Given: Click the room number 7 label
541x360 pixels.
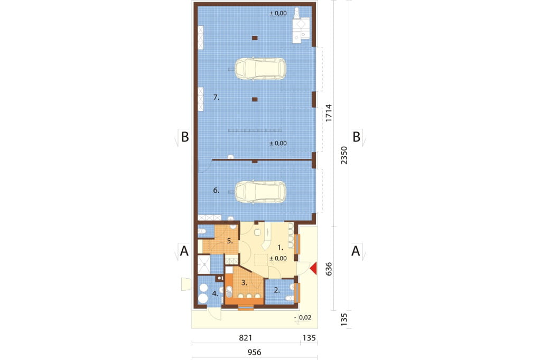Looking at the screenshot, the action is coord(216,98).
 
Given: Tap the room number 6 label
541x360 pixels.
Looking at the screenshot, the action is coord(216,191).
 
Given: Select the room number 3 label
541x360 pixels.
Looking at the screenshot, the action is coord(244,283).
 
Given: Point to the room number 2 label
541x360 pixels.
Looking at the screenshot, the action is coord(277,290).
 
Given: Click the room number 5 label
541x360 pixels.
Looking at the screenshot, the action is coord(230,241).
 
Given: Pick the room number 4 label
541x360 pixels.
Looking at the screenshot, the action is coord(216,294).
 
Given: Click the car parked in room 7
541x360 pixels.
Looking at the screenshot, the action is coord(260,69).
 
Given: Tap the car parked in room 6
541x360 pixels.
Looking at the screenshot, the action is coord(260,192).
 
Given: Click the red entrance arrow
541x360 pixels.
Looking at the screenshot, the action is coord(313,269).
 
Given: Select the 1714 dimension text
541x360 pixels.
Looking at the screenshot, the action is coord(329,113).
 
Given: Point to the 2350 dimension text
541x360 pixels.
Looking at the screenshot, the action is coord(343,155).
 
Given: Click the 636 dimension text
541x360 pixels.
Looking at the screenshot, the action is coord(329,269).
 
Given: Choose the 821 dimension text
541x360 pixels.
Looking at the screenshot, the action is coord(245,338).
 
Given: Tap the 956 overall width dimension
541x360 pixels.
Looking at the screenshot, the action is coord(254,353).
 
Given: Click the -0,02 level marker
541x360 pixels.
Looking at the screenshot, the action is coord(303,318).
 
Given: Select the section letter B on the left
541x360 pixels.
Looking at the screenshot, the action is coord(185,137).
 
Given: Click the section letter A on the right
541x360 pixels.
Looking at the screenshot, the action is coord(356,251).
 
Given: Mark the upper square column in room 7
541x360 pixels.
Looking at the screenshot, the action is coord(255,38).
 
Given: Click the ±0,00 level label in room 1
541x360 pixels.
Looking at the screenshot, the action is coord(278,258).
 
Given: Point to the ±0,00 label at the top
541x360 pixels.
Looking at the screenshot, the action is coord(278,13).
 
